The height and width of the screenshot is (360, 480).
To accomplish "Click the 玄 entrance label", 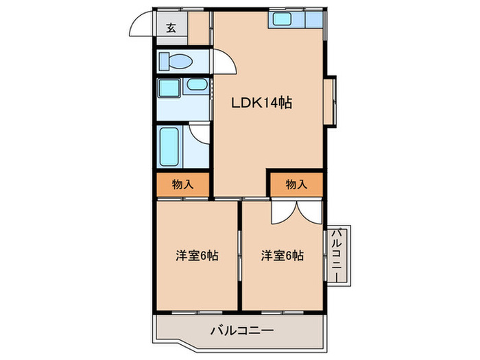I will (171, 28).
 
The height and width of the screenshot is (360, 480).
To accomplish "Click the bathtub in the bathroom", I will (170, 146).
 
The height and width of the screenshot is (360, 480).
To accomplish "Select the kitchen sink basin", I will (281, 19).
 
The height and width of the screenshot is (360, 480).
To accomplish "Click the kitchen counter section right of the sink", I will (310, 19).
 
